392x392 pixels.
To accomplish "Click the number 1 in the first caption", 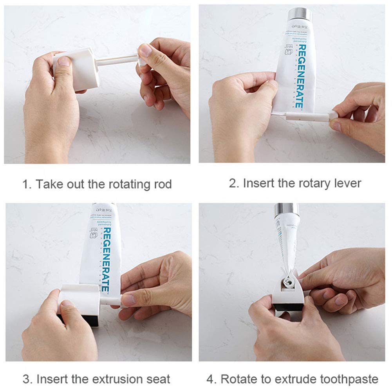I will (25, 184).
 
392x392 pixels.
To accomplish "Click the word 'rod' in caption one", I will (161, 184).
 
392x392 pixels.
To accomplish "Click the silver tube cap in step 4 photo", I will (286, 210).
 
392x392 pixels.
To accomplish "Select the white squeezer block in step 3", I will (80, 300).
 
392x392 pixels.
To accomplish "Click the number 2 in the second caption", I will (233, 183).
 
